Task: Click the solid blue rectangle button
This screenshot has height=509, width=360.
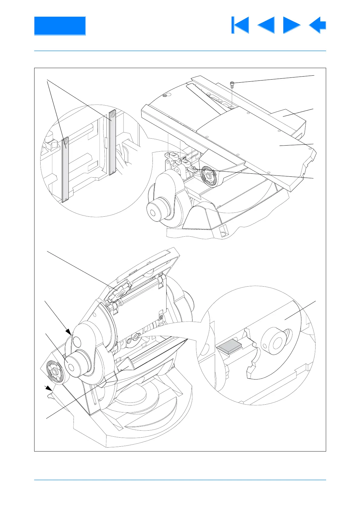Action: point(60,26)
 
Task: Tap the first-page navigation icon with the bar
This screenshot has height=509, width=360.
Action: point(240,25)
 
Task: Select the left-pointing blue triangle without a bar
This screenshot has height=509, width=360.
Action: point(267,25)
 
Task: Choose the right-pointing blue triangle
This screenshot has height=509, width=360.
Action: point(291,25)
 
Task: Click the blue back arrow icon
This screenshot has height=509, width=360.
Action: point(318,25)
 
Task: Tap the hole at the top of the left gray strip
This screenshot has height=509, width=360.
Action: point(66,141)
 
